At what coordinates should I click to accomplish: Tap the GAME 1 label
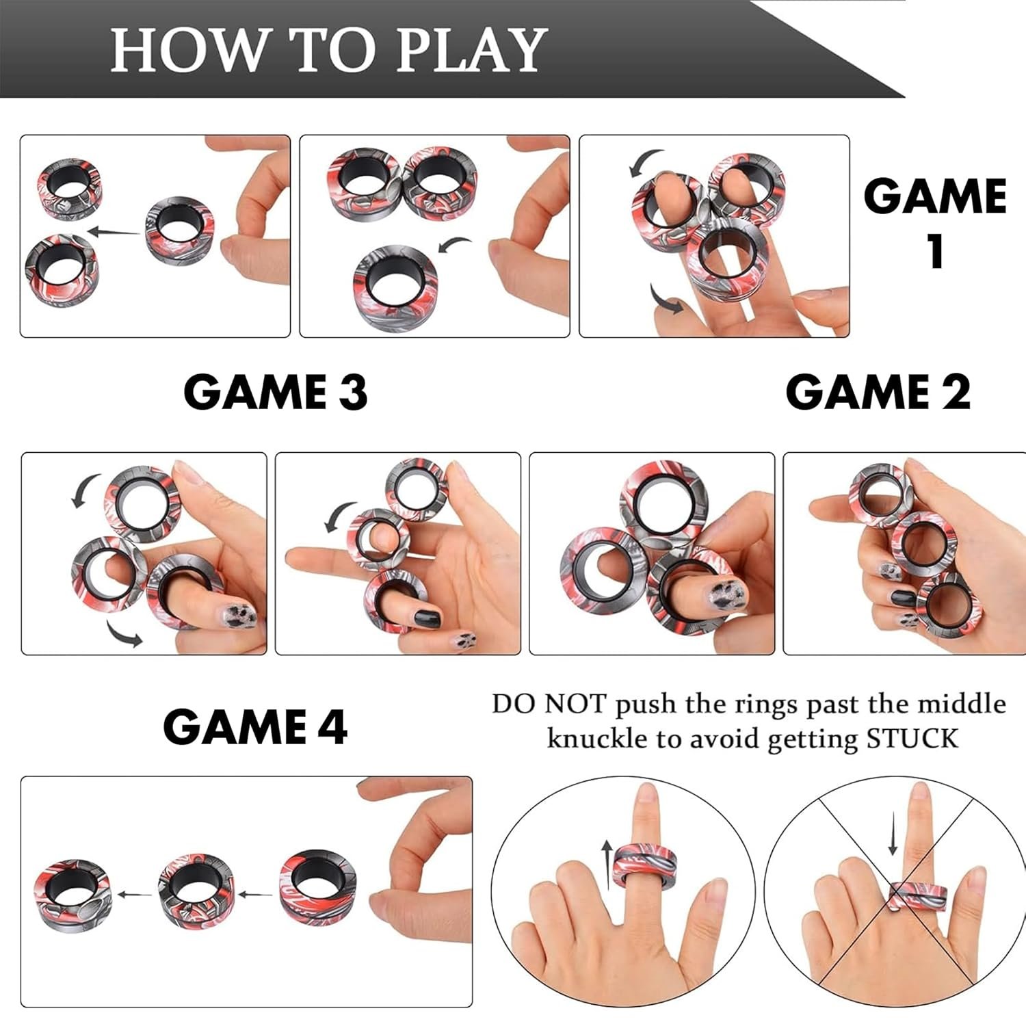(x=935, y=222)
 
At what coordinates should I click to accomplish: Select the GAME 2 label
(x=878, y=392)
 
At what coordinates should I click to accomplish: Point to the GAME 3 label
(x=276, y=392)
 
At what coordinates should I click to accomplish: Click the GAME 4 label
(x=255, y=726)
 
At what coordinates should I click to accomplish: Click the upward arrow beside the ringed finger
(x=607, y=865)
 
